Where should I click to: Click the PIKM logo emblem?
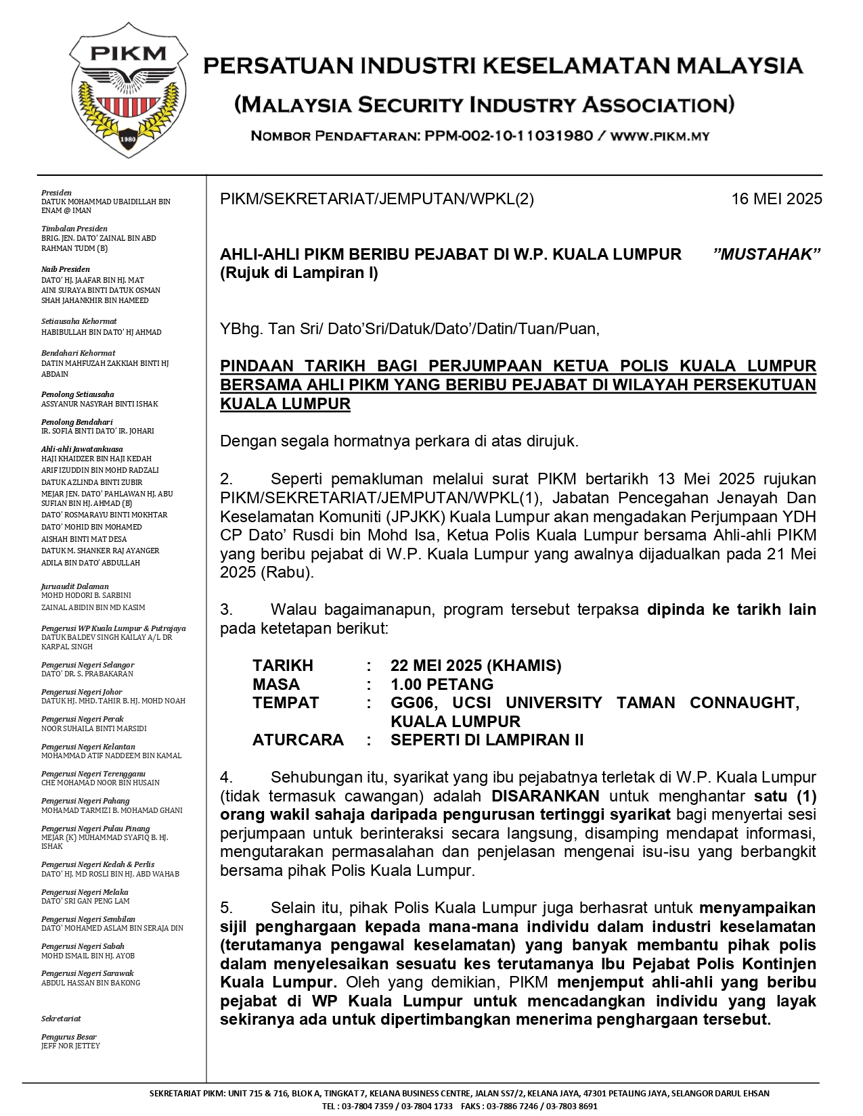click(x=128, y=91)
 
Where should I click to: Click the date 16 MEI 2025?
click(x=776, y=199)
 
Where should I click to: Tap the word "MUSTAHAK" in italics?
click(x=767, y=254)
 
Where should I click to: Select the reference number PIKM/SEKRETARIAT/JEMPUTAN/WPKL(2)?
click(x=377, y=199)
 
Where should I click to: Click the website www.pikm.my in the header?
click(x=660, y=136)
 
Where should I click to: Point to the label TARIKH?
click(x=283, y=666)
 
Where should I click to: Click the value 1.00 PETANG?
click(x=442, y=684)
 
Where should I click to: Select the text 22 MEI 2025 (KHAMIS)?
click(x=476, y=666)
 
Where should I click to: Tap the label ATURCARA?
click(x=298, y=740)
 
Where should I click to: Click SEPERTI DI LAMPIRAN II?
click(x=487, y=740)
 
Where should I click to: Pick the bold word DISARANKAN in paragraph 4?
click(x=546, y=796)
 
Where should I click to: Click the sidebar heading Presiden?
click(x=56, y=193)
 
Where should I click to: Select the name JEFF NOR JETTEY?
click(x=70, y=1046)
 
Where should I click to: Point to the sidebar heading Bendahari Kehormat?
click(x=78, y=353)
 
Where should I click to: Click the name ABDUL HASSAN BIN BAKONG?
click(x=91, y=983)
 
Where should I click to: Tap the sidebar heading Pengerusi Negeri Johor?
click(x=82, y=692)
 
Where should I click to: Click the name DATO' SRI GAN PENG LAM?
click(x=85, y=901)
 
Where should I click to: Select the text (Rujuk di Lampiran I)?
click(x=298, y=273)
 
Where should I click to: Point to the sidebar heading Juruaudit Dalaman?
click(x=74, y=586)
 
